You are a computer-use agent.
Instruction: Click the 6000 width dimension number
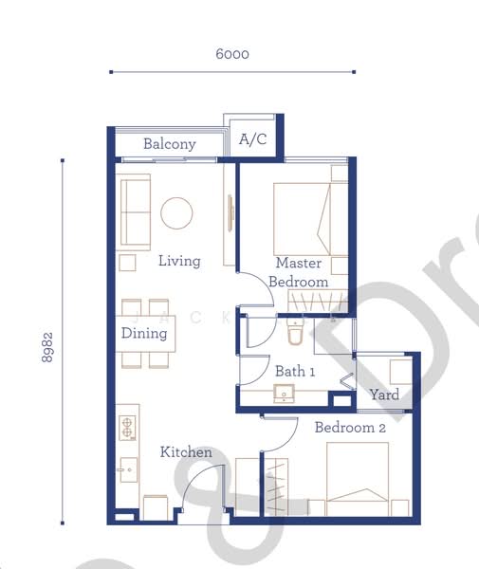pos(231,54)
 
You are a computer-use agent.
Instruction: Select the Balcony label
pos(170,144)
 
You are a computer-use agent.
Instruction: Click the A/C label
pos(252,140)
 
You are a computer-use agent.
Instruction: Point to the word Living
pos(179,260)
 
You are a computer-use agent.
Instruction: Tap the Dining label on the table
pos(143,334)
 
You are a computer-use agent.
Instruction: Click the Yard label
pos(384,395)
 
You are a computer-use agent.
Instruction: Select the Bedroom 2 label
pos(350,428)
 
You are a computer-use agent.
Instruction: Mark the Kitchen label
pos(185,452)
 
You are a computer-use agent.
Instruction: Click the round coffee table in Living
pos(177,212)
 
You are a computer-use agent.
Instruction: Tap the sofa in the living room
pos(134,211)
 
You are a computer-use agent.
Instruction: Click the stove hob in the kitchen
pos(128,428)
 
